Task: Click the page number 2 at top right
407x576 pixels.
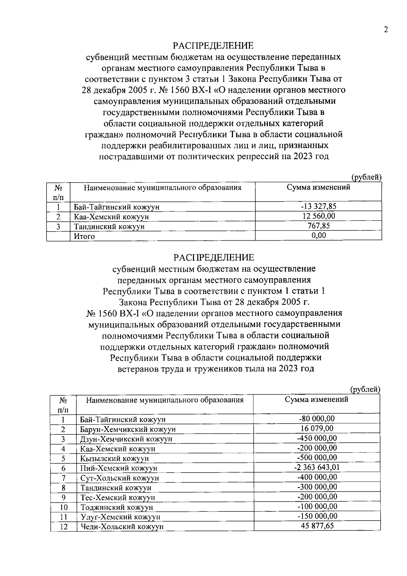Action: [x=385, y=30]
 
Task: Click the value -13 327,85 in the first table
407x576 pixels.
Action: [x=318, y=206]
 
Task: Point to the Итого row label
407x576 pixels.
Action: [x=84, y=236]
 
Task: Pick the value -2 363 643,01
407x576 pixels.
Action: [x=316, y=467]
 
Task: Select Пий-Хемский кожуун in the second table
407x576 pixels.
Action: [x=119, y=468]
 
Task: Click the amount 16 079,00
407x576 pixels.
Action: [x=317, y=428]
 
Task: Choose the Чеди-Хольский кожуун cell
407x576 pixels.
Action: [x=122, y=527]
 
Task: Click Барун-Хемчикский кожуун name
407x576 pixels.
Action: [x=128, y=429]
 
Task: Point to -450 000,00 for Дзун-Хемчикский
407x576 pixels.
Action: [x=317, y=438]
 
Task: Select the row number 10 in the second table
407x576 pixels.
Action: [x=63, y=507]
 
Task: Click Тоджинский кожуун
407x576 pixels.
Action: [x=117, y=507]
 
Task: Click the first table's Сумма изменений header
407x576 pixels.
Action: [x=318, y=187]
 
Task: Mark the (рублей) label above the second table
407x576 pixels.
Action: [x=365, y=389]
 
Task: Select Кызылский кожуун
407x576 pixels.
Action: [x=115, y=459]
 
